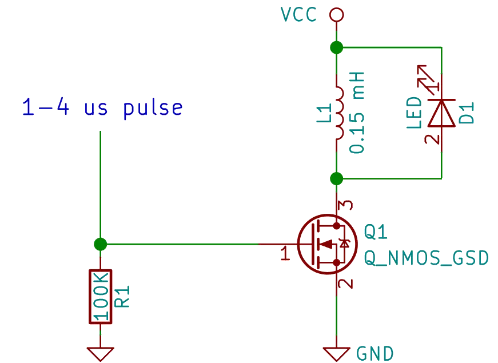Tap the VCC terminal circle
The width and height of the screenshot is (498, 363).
tap(337, 14)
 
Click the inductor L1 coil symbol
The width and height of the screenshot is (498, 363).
tap(338, 113)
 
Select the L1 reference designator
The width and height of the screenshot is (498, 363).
tap(322, 113)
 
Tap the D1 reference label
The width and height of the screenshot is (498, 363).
tap(466, 113)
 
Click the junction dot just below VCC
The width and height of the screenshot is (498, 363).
tap(337, 47)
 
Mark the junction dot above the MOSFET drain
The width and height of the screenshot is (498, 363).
tap(337, 179)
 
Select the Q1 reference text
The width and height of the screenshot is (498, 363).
tap(376, 232)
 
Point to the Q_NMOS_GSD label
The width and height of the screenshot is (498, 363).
tap(427, 258)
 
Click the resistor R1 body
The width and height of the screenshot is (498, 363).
tap(101, 296)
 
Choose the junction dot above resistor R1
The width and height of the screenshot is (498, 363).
tap(101, 245)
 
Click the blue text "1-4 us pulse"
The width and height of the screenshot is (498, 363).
tap(103, 108)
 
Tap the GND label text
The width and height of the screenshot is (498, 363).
tap(375, 353)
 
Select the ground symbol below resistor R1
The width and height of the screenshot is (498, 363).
tap(101, 352)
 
